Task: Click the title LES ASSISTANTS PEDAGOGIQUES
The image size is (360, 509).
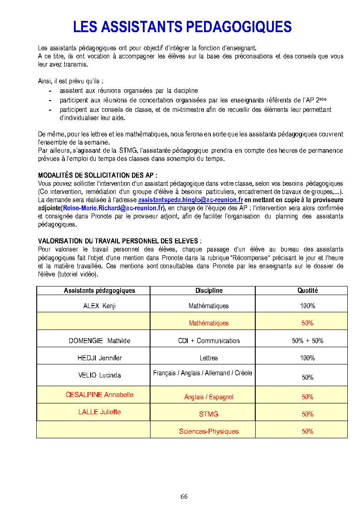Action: (182, 27)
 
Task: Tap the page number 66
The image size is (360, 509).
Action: (184, 496)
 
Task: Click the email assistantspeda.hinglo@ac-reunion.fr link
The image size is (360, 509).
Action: (190, 200)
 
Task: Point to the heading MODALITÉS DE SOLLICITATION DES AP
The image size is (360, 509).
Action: (97, 175)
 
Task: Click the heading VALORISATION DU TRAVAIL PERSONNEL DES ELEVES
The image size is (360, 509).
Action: (119, 241)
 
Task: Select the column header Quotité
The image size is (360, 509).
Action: (307, 291)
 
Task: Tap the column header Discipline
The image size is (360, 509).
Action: (209, 291)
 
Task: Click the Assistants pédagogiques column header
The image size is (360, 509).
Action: (99, 291)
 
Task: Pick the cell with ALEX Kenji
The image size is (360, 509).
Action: (99, 306)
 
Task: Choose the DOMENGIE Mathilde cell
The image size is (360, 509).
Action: (99, 341)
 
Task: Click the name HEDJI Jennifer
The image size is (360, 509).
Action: (99, 358)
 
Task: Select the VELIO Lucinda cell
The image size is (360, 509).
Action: (99, 375)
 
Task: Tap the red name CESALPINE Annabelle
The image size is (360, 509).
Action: (99, 395)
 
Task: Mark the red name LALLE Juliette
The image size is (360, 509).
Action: (99, 412)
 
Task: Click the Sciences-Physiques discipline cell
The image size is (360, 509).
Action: (209, 431)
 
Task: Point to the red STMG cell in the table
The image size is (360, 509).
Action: (209, 414)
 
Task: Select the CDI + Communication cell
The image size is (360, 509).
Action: (209, 341)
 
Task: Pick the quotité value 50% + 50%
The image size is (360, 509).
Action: (307, 341)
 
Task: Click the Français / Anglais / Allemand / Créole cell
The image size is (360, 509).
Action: (203, 373)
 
